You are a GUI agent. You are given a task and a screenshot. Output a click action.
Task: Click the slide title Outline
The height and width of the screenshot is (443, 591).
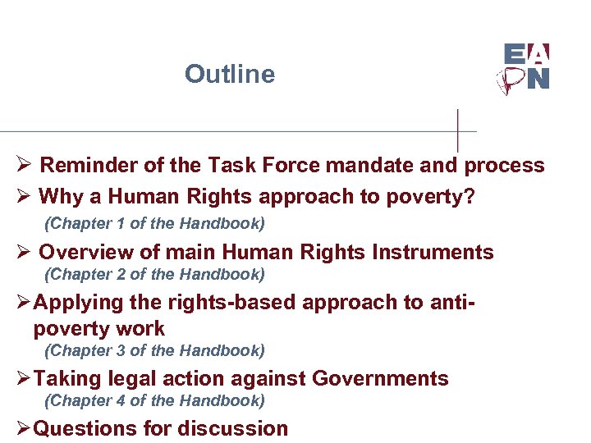230,74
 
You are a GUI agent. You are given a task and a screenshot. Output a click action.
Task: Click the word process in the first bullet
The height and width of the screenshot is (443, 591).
504,165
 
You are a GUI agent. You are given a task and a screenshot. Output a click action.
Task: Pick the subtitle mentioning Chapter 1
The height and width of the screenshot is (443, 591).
154,223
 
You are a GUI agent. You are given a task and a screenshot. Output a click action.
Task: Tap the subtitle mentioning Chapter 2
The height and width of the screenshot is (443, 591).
154,274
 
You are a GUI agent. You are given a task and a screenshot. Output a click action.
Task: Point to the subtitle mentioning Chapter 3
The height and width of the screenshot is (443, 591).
154,351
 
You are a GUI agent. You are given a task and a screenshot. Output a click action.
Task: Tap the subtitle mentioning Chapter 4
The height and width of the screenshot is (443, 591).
154,401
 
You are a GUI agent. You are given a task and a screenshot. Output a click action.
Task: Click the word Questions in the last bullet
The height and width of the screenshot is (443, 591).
85,429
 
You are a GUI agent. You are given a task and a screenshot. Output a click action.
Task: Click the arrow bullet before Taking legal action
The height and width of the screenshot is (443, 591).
24,379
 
